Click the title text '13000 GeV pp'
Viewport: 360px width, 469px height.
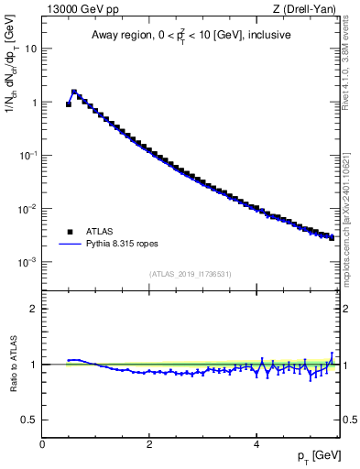81,10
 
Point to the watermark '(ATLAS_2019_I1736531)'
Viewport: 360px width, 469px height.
191,274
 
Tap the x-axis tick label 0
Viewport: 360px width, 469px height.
42,444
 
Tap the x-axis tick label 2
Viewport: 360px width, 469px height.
148,444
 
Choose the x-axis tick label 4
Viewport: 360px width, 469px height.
256,444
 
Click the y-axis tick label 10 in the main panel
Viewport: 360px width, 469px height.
29,49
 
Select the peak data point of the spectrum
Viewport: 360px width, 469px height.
74,92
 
